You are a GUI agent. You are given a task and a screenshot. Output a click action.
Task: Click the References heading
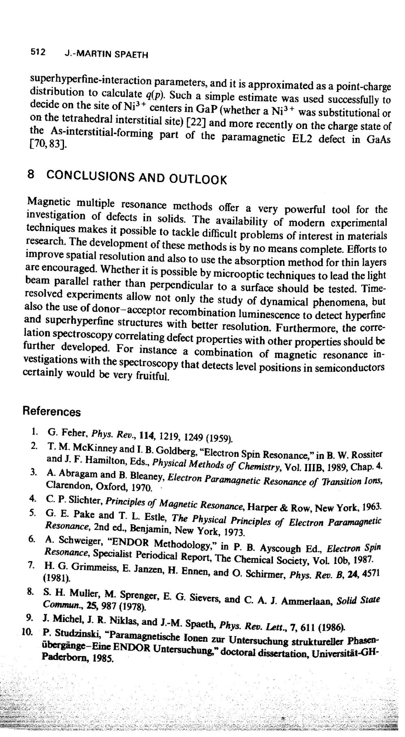(x=51, y=412)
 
